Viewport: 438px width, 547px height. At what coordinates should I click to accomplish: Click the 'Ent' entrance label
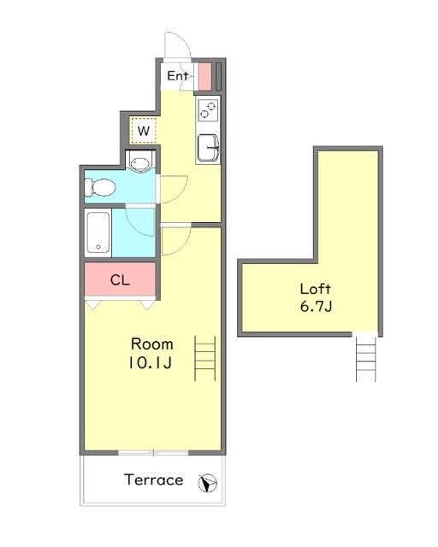177,76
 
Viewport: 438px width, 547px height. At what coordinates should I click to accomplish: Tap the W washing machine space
143,131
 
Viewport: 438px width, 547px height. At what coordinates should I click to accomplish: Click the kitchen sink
208,148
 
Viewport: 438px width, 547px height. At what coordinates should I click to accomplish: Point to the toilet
100,187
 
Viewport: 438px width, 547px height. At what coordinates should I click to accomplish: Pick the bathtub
98,232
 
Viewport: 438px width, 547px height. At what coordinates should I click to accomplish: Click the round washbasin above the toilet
140,162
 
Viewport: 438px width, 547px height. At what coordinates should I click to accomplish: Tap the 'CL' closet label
120,279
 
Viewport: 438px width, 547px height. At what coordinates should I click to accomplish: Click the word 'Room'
152,344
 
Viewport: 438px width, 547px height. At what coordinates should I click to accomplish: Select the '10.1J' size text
151,363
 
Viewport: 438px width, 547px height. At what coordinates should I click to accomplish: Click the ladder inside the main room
205,358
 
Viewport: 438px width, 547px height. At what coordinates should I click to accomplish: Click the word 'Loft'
316,289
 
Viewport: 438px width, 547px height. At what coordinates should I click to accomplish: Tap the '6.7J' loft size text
317,307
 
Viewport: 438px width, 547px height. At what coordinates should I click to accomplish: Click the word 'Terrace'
154,480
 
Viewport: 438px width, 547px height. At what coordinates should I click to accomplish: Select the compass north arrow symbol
208,483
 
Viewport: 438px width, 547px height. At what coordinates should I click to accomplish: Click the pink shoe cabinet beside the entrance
205,76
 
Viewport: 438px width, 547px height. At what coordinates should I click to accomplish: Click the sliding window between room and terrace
153,453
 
